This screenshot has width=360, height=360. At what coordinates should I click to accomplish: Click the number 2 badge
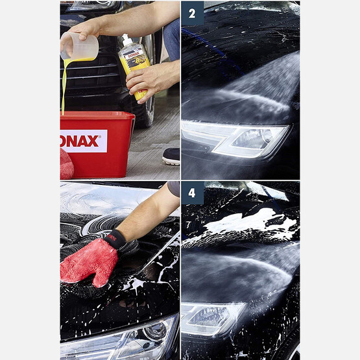192,13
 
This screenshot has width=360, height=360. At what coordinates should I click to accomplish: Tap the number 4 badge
192,193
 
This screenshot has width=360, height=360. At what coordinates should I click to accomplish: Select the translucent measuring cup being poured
81,47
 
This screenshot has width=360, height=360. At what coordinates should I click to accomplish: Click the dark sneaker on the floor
171,156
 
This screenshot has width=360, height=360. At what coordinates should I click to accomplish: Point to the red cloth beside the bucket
66,164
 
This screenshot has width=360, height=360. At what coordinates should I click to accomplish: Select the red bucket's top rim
97,116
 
